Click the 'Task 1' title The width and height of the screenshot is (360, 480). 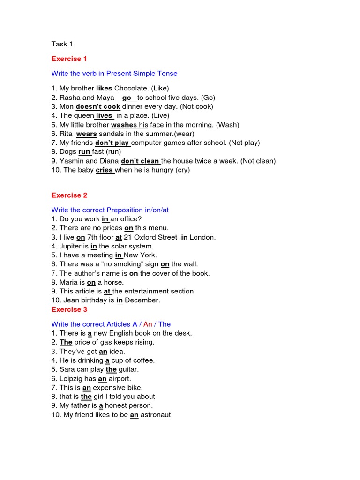[62, 44]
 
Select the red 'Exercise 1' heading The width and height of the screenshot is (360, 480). [69, 59]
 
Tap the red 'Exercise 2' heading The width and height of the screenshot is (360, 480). [69, 195]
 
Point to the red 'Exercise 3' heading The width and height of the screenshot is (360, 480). [69, 309]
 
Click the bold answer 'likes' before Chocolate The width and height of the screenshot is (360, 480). [104, 88]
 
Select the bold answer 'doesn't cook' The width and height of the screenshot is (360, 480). [98, 106]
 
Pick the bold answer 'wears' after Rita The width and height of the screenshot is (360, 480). [86, 134]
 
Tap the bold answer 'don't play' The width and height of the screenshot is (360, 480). [112, 142]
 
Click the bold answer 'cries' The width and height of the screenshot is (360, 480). [104, 170]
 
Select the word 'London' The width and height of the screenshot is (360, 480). [202, 237]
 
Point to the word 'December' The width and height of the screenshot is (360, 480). [142, 300]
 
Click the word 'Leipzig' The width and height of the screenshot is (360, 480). [72, 378]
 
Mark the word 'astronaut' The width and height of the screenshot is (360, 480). [156, 415]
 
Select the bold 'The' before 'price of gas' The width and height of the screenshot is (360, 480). [66, 342]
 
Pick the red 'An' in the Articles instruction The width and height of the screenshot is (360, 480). [148, 324]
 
